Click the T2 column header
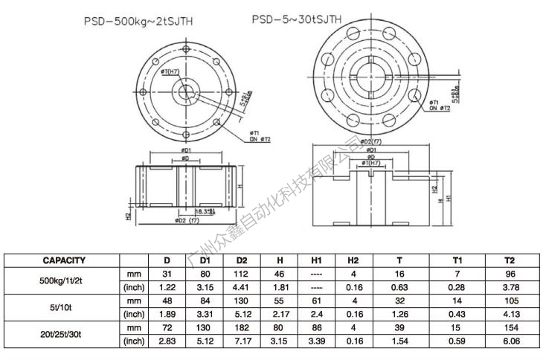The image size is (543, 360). point(510,260)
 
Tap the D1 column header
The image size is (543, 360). point(206,260)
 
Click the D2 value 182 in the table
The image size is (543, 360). point(242,327)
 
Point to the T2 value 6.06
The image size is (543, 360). point(510,341)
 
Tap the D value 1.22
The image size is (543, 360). point(167,287)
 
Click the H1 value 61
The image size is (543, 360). point(315,300)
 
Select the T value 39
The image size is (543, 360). point(399,327)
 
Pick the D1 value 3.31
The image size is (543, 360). point(206,314)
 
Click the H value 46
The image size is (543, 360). point(280,274)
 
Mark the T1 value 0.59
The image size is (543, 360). point(457,341)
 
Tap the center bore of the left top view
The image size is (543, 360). point(183,92)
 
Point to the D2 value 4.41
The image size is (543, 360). point(242,287)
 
